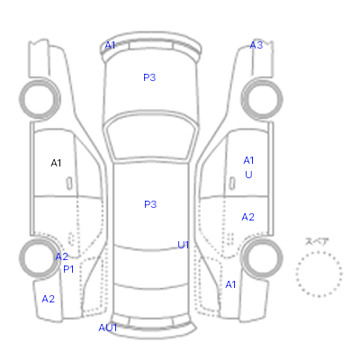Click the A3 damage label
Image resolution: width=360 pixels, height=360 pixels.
(256, 45)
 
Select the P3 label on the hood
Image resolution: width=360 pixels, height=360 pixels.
(149, 77)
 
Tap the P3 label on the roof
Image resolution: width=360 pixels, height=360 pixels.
(150, 204)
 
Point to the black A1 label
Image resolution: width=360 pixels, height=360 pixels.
(56, 163)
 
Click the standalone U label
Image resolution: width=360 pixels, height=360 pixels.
(248, 175)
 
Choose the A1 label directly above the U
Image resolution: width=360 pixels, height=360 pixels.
(248, 160)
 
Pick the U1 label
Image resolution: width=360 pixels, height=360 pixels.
(184, 245)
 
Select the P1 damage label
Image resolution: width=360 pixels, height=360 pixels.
(68, 269)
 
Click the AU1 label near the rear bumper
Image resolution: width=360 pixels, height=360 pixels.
(108, 328)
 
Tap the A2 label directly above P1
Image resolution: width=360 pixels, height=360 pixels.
(62, 256)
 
